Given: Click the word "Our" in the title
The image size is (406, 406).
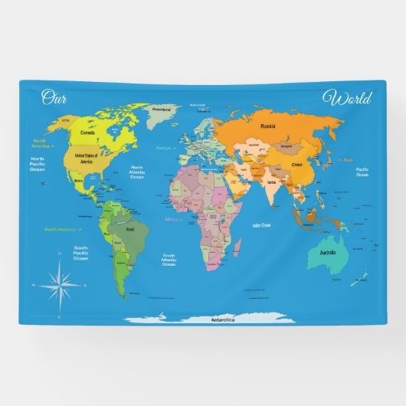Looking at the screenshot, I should coord(54,97).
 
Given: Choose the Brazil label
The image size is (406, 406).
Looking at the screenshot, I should coord(129,229).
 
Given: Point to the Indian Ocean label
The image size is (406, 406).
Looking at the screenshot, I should coord(260,225).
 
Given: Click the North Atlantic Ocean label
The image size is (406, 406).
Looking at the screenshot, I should coord(137,172).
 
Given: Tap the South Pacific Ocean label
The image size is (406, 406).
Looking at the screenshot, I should coord(80,253).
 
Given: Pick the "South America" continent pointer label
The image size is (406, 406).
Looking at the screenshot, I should coord(61,229).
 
